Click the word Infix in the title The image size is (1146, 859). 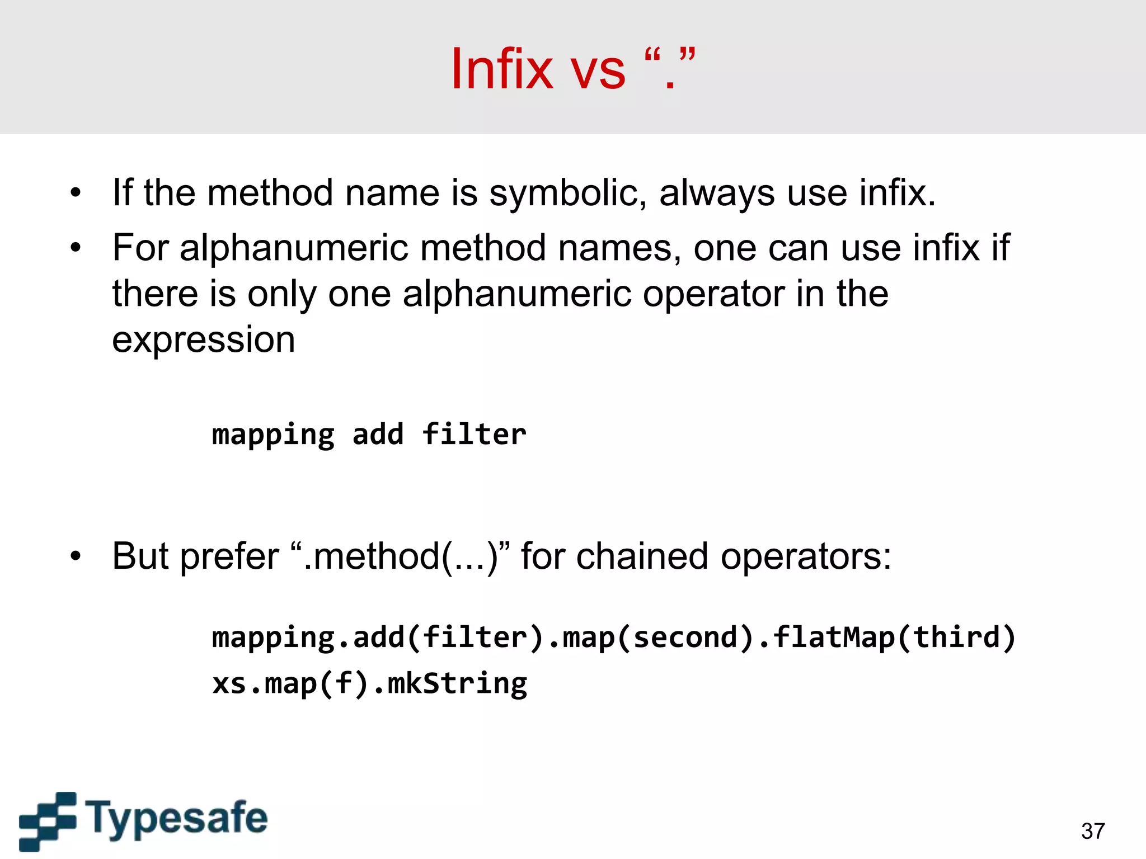(502, 69)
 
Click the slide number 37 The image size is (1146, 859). (1093, 831)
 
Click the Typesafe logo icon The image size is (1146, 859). (48, 820)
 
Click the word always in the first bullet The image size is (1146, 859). (717, 193)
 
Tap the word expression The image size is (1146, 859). (204, 340)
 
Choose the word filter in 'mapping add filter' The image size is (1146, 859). (475, 435)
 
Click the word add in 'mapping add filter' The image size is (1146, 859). (378, 435)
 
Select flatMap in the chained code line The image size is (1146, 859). (834, 638)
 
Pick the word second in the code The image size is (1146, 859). (685, 638)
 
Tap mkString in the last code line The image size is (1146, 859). (457, 683)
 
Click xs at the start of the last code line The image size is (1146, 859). (229, 683)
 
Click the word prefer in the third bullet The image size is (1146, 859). (229, 556)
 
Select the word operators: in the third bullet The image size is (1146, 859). (806, 556)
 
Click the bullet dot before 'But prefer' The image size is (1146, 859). (76, 556)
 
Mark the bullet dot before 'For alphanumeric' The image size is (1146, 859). (76, 248)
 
